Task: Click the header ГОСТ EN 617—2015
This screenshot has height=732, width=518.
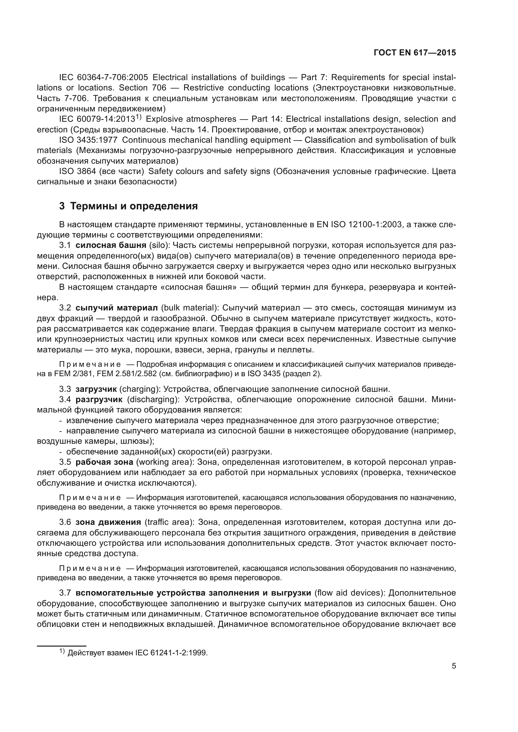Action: [414, 53]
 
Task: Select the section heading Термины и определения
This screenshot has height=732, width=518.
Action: [134, 206]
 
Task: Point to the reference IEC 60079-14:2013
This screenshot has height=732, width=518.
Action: [97, 119]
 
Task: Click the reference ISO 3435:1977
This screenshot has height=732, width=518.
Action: [88, 140]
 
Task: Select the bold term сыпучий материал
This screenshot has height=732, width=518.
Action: [117, 308]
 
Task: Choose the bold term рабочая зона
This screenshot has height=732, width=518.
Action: [104, 462]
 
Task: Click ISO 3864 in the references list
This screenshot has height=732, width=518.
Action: [77, 171]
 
